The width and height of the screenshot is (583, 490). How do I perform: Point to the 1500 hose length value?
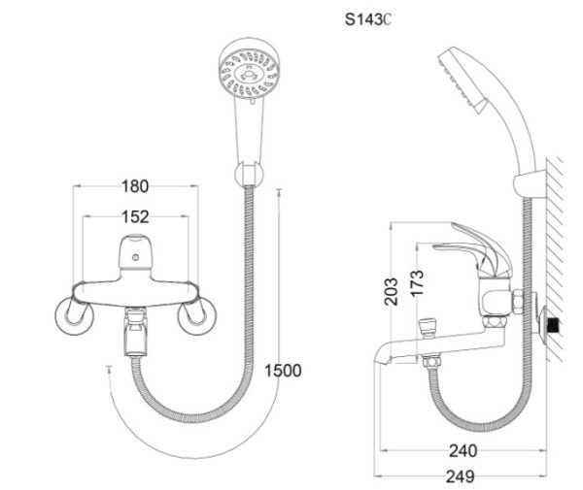[283, 370]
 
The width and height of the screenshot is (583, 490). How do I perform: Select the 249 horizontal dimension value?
[454, 476]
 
